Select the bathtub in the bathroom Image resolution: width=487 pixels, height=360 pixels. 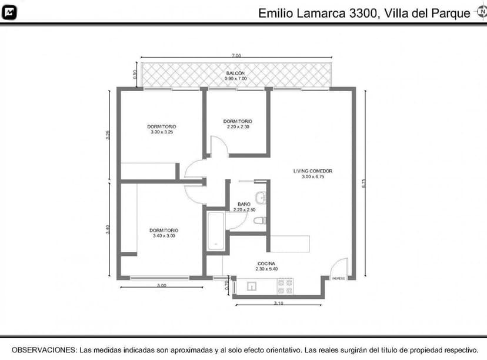point(215,232)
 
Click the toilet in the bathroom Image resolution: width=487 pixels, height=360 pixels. point(260,221)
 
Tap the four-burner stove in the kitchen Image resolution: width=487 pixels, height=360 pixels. point(285,286)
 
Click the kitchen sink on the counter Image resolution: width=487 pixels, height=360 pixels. point(252,286)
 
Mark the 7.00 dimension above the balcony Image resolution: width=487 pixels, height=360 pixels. point(236,55)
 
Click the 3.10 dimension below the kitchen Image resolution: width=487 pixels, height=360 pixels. point(279,303)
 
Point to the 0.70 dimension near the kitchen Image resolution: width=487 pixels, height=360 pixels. point(227,286)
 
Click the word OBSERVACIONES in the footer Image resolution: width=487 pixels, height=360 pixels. point(44,349)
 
